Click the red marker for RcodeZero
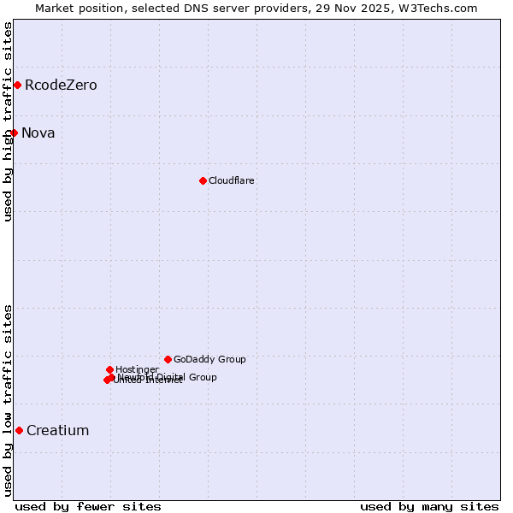[x=17, y=85]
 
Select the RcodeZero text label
[x=61, y=85]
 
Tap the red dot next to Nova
[x=14, y=133]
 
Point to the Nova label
[x=38, y=133]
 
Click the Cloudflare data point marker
[x=203, y=180]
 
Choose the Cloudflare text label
[x=232, y=181]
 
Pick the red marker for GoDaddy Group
[x=168, y=359]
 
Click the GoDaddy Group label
[x=209, y=360]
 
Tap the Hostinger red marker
[x=109, y=369]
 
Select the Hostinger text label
[x=137, y=370]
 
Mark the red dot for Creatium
[x=19, y=430]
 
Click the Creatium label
[x=58, y=431]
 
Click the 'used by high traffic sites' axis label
[x=8, y=121]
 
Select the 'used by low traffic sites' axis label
[x=8, y=400]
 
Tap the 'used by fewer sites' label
[x=88, y=507]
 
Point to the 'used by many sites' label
[x=429, y=507]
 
